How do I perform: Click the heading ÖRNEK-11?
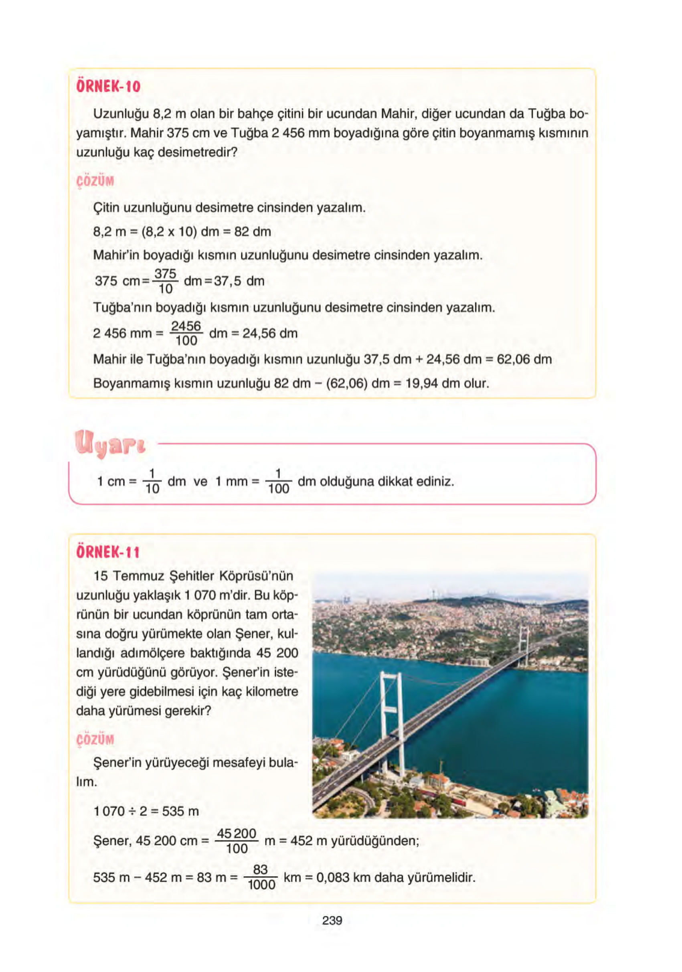107,552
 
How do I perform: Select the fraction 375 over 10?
165,281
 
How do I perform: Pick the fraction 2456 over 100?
186,334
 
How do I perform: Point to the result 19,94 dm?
432,384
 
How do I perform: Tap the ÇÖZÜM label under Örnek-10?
95,181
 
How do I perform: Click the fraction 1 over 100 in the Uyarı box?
278,481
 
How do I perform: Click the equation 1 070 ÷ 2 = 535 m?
146,811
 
